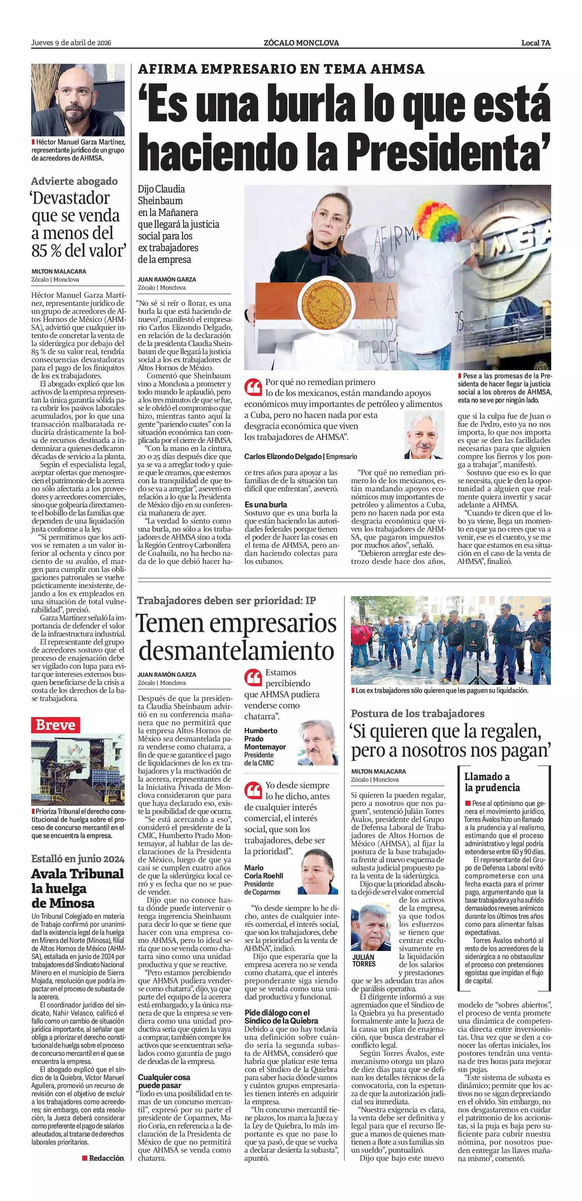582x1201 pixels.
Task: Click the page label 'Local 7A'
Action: pos(535,43)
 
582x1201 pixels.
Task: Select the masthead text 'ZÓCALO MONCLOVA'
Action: pos(301,43)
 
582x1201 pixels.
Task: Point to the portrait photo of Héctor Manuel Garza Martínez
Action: pos(78,100)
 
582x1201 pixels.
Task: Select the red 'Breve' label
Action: pos(55,725)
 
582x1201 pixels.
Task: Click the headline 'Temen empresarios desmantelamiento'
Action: pos(237,636)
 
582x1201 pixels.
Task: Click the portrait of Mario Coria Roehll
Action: pos(318,871)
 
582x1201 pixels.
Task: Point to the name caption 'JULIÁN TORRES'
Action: pos(364,961)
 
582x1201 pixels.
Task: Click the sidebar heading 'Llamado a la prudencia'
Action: pos(491,782)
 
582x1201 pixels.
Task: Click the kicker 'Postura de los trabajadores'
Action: pos(417,713)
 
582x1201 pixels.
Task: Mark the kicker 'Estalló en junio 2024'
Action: pos(78,859)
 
